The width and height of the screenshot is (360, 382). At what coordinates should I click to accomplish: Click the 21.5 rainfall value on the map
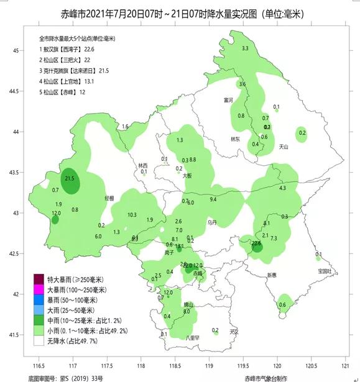pyautogui.click(x=70, y=179)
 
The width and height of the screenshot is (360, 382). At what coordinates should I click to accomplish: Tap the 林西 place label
pyautogui.click(x=144, y=165)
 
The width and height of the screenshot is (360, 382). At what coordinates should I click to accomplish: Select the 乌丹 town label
pyautogui.click(x=212, y=221)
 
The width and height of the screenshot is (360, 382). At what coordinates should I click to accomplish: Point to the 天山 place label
pyautogui.click(x=284, y=147)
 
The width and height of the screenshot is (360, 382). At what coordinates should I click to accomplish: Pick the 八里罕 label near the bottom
pyautogui.click(x=192, y=337)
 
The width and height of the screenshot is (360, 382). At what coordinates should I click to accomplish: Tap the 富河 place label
pyautogui.click(x=228, y=100)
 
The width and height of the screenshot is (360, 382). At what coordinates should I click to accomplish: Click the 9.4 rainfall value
pyautogui.click(x=213, y=199)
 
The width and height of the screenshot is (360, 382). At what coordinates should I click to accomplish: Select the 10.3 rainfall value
pyautogui.click(x=132, y=215)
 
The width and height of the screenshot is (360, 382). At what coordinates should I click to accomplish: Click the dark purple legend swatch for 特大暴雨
pyautogui.click(x=39, y=279)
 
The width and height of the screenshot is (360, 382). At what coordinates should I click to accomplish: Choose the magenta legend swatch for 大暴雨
pyautogui.click(x=39, y=289)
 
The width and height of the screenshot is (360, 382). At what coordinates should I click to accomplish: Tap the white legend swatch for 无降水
pyautogui.click(x=39, y=341)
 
